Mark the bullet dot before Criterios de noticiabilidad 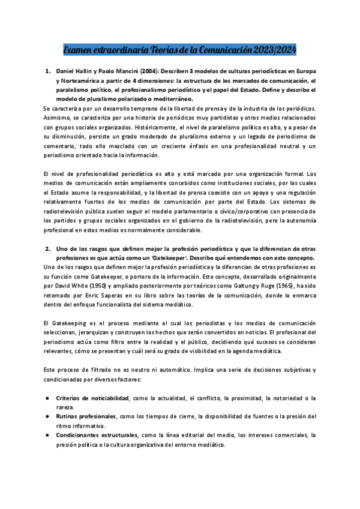[47, 398]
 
